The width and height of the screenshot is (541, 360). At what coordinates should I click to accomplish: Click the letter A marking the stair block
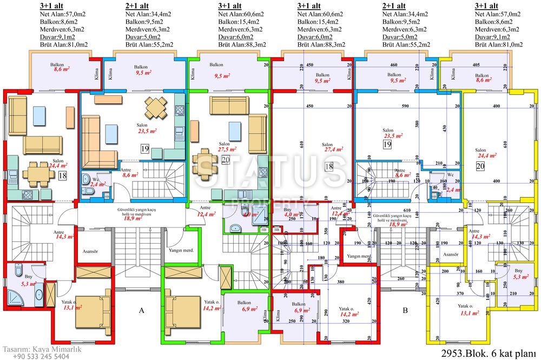point(141,311)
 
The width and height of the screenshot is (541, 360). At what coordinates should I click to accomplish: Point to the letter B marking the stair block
point(405,311)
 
